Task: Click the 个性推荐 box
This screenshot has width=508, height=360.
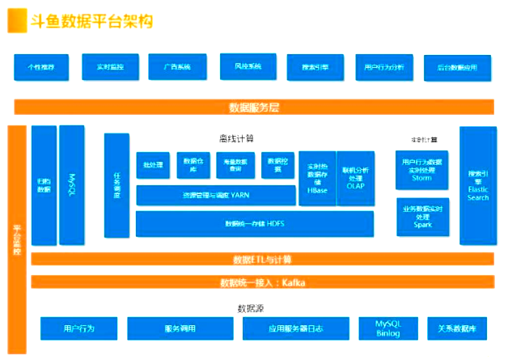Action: point(40,67)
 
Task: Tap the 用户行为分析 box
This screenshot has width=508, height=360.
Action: point(384,67)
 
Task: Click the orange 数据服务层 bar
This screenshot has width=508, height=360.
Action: point(254,107)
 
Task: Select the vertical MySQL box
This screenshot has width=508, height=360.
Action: point(71,185)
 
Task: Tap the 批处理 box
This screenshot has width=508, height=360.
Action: point(152,165)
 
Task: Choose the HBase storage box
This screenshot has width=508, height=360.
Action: point(316,174)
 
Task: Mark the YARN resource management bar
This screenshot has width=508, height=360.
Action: point(216,195)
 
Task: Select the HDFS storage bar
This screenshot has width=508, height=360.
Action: point(254,222)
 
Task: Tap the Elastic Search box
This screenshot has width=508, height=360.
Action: point(478,185)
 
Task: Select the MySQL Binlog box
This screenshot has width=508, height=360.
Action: point(387,328)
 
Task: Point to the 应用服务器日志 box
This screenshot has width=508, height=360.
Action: point(294,328)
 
